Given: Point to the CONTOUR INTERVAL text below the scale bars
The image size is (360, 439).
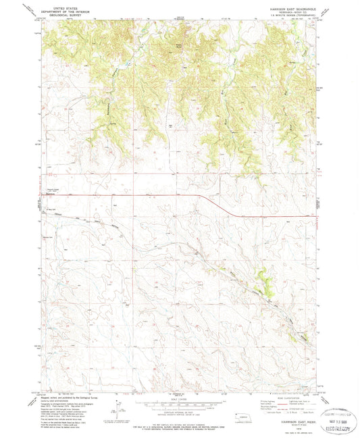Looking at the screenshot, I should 179,410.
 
